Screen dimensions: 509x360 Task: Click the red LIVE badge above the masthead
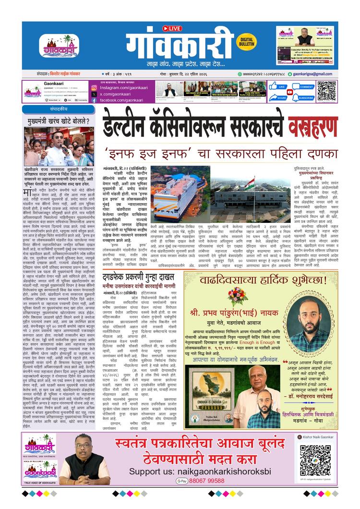pyautogui.click(x=172, y=29)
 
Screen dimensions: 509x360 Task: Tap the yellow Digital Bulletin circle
pyautogui.click(x=248, y=41)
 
